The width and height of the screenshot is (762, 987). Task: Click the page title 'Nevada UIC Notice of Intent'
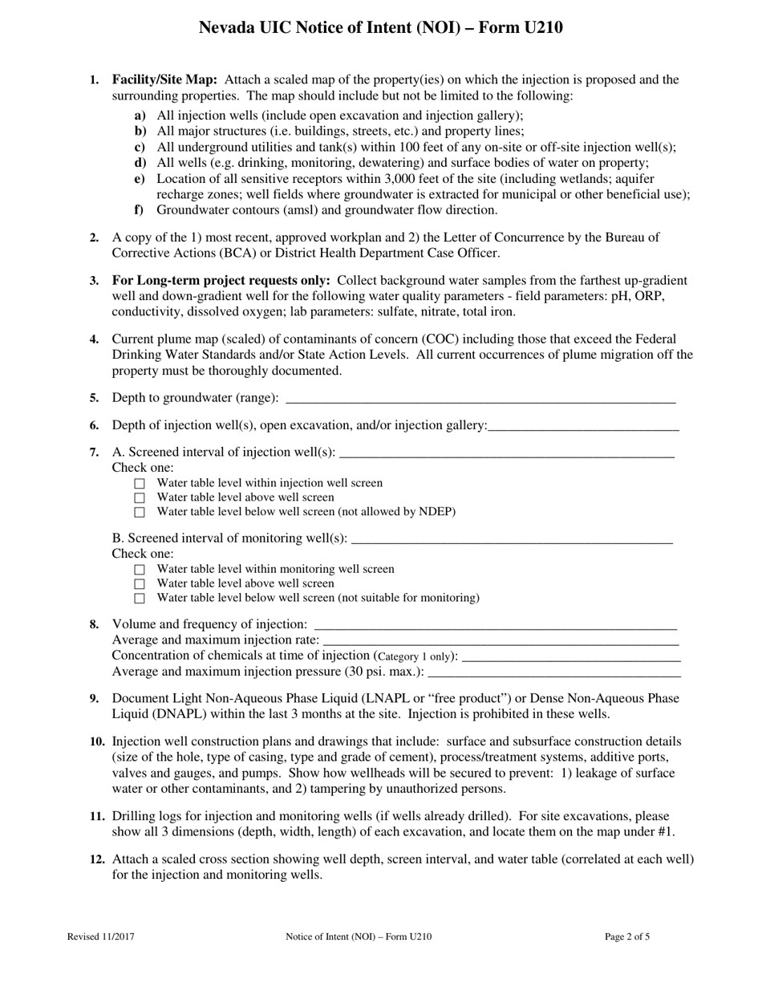[x=380, y=28]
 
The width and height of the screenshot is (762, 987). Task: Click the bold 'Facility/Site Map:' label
[x=164, y=79]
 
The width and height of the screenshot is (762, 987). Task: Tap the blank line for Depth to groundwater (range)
[x=480, y=398]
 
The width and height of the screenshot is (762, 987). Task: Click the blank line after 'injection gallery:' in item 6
[x=583, y=425]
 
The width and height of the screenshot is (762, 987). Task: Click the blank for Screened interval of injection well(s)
[x=506, y=453]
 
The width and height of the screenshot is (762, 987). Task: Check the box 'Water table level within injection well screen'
[x=140, y=484]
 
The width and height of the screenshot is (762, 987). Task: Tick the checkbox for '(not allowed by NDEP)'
[x=140, y=513]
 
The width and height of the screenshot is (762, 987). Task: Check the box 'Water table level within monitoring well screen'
[x=140, y=570]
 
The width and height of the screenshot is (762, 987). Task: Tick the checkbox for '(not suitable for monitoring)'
[x=140, y=599]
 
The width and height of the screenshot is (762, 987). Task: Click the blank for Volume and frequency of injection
[x=495, y=624]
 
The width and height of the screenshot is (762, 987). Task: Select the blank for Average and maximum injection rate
[x=500, y=640]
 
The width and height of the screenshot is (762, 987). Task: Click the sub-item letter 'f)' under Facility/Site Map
[x=140, y=210]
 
